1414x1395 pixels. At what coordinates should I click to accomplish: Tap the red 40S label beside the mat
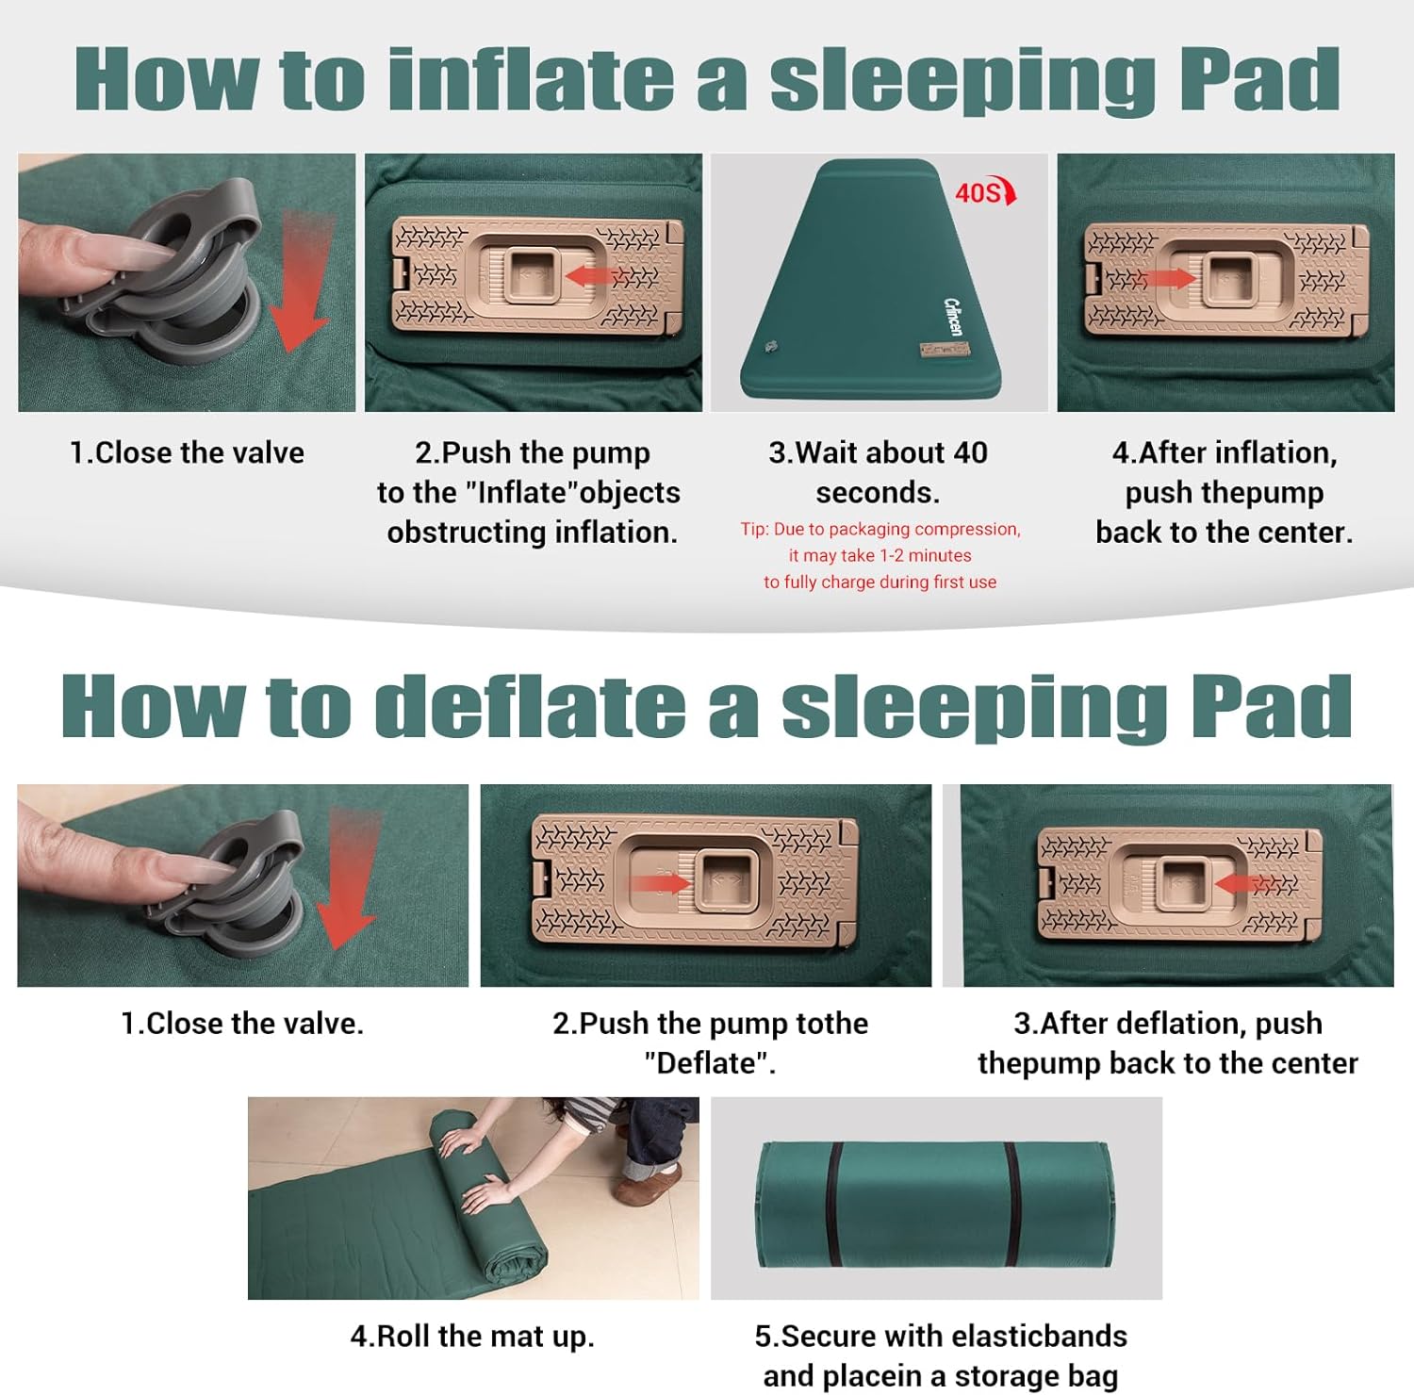click(x=980, y=193)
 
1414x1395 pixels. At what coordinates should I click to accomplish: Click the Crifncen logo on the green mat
click(x=953, y=316)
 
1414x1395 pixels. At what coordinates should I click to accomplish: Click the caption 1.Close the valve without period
click(x=187, y=452)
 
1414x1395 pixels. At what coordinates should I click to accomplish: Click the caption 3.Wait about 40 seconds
click(x=878, y=472)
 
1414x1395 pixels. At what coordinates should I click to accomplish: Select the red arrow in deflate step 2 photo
click(x=659, y=883)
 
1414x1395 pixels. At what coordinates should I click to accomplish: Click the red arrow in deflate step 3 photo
click(x=1250, y=883)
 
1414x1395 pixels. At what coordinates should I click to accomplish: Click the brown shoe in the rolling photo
click(x=649, y=1183)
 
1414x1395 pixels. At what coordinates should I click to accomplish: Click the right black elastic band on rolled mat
click(x=1012, y=1206)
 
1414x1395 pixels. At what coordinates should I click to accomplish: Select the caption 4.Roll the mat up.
click(x=472, y=1336)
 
